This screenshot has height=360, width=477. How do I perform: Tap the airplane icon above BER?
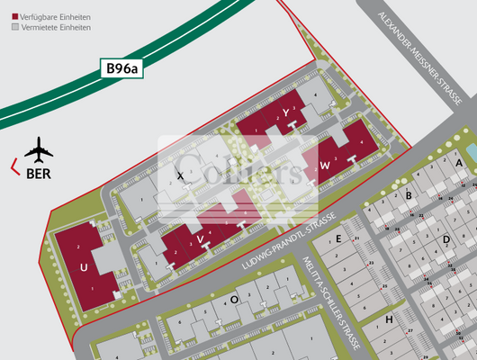(x=39, y=147)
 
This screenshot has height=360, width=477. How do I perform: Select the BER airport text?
(x=39, y=174)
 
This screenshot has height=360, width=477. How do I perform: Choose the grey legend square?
(x=14, y=28)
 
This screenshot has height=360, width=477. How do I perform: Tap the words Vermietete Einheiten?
(x=54, y=28)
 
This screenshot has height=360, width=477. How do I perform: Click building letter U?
(x=84, y=268)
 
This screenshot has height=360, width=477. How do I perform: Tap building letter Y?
(x=285, y=112)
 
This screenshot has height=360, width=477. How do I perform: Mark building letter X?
(x=181, y=175)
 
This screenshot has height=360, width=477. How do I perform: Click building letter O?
(x=234, y=299)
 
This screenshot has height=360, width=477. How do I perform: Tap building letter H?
(x=389, y=319)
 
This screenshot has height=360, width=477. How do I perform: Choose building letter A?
(x=458, y=163)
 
